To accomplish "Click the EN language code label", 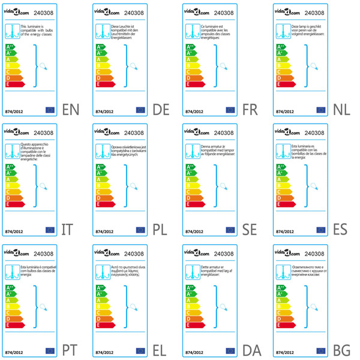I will click(71, 110).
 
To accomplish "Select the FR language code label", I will click(250, 110).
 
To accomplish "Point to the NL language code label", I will click(341, 110).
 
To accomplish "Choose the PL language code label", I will click(160, 229).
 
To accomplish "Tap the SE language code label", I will click(251, 229).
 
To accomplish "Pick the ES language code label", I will click(341, 229).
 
